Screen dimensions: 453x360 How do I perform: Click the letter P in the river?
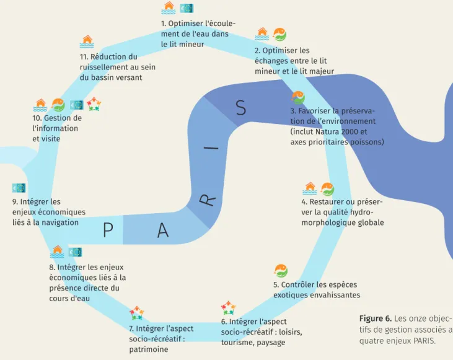click(108, 230)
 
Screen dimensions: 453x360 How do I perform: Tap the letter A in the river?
click(163, 230)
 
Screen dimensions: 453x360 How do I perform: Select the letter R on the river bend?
click(208, 200)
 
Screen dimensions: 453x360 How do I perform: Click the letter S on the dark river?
click(240, 108)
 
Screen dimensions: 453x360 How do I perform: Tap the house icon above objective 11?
click(87, 42)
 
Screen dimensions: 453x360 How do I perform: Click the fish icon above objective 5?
click(281, 271)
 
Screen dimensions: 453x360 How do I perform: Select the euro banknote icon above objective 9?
click(19, 188)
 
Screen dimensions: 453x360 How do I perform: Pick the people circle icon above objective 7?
click(137, 313)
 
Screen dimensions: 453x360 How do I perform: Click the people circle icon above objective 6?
click(228, 308)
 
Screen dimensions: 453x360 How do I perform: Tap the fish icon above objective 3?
click(298, 97)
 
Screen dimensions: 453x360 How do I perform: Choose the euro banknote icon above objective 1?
click(187, 9)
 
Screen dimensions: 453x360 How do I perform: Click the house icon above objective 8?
click(57, 252)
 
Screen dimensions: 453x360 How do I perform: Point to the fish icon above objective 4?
click(327, 189)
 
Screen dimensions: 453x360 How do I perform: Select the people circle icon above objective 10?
click(94, 104)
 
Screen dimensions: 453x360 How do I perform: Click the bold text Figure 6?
click(376, 318)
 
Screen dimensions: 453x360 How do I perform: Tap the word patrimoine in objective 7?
click(149, 349)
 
